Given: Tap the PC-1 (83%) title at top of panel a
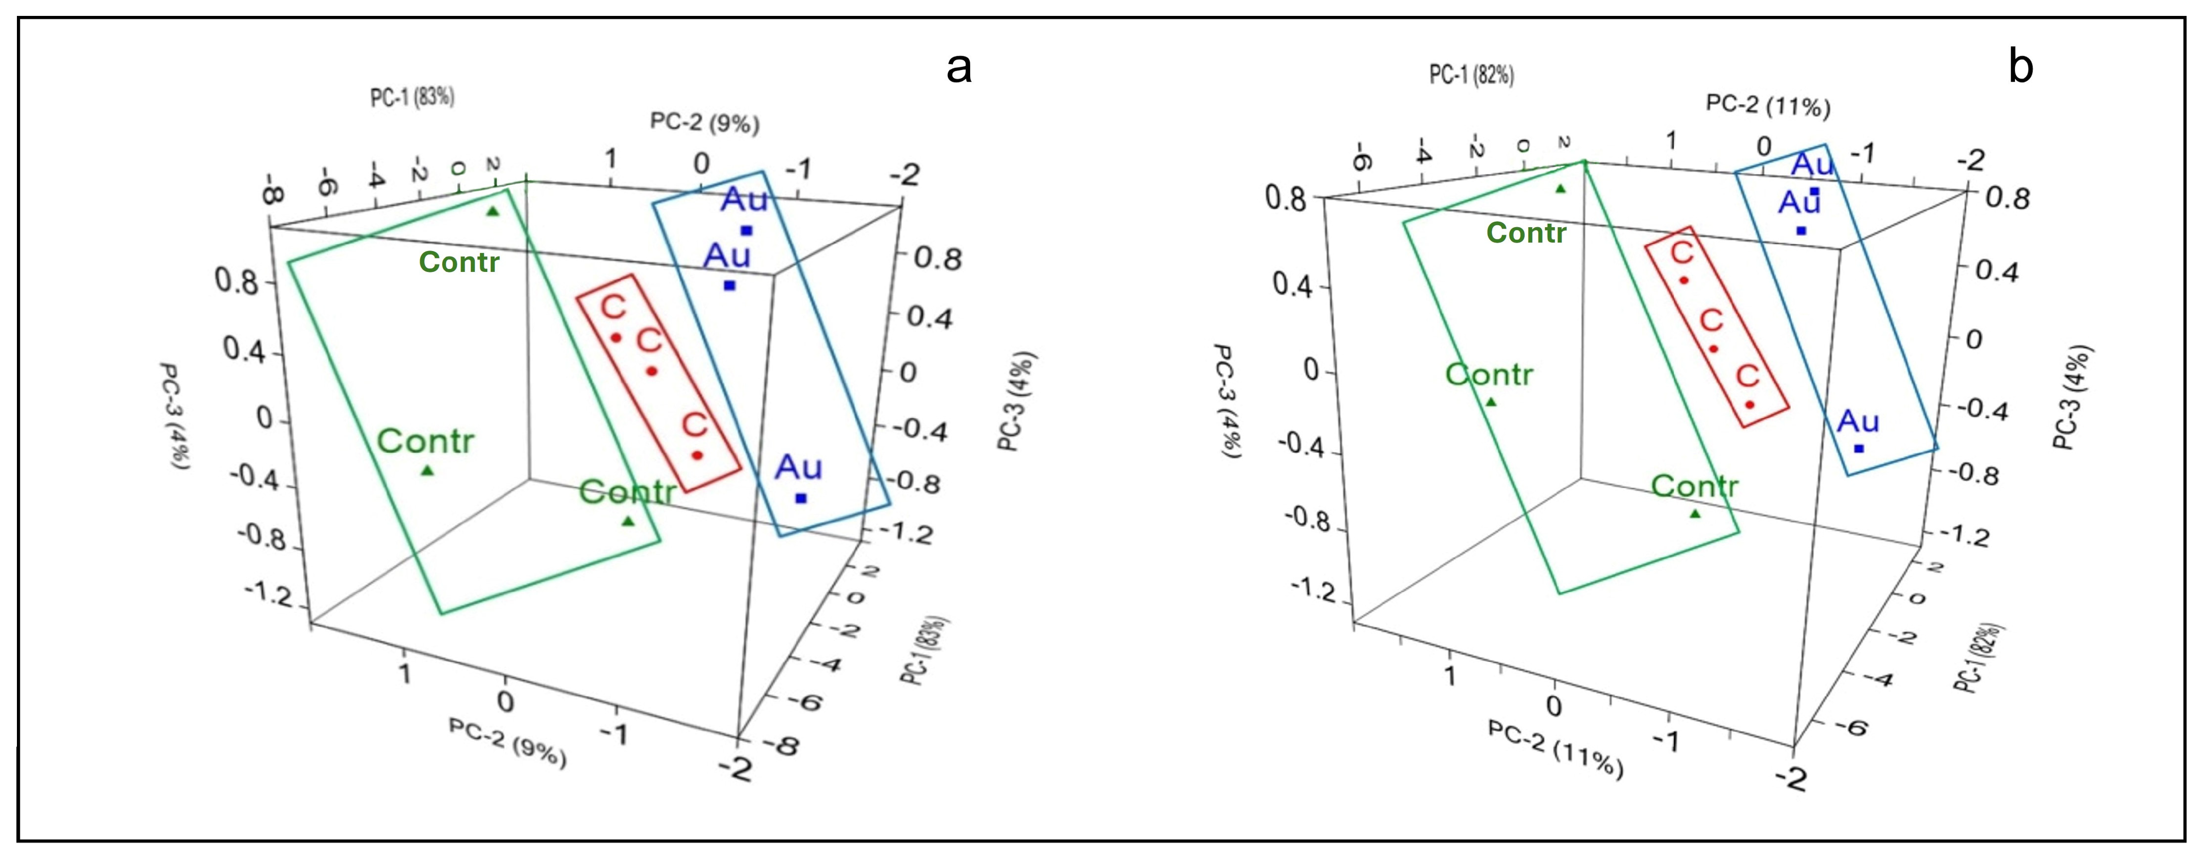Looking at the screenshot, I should pos(412,96).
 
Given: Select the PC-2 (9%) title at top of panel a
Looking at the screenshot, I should pos(705,122).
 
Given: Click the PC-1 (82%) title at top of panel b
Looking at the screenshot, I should pos(1471,75).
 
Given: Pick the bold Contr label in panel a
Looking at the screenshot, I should pos(459,262).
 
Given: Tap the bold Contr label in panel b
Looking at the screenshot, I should pos(1526,233).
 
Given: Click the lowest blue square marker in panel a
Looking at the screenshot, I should pos(801,498).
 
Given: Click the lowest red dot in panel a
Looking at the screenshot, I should pos(697,455).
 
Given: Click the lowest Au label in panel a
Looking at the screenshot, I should pos(798,468).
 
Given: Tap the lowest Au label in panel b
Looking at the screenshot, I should pos(1857,422).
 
